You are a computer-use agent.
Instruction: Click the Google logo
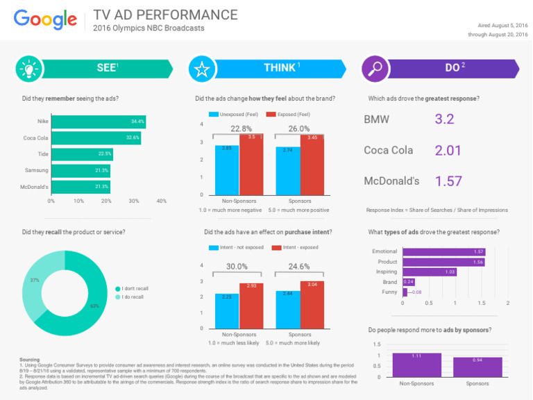pyautogui.click(x=45, y=19)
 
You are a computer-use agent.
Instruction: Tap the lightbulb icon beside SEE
pyautogui.click(x=29, y=68)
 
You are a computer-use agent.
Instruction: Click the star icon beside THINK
pyautogui.click(x=202, y=68)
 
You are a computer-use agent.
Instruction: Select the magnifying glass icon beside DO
pyautogui.click(x=375, y=68)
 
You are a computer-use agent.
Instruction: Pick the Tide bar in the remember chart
pyautogui.click(x=82, y=154)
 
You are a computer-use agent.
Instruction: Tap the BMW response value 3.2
pyautogui.click(x=444, y=119)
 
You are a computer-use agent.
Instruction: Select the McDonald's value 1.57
pyautogui.click(x=448, y=181)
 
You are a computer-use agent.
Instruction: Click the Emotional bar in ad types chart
pyautogui.click(x=444, y=251)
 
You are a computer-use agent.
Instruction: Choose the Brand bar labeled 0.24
pyautogui.click(x=409, y=282)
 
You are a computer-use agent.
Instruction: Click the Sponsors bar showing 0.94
pyautogui.click(x=477, y=367)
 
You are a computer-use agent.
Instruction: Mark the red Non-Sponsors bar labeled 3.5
pyautogui.click(x=251, y=164)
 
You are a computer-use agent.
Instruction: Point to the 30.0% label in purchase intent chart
pyautogui.click(x=237, y=266)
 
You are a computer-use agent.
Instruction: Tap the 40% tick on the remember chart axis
pyautogui.click(x=161, y=201)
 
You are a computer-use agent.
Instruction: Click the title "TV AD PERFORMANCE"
pyautogui.click(x=165, y=15)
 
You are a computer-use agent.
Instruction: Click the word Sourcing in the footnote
pyautogui.click(x=30, y=359)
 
